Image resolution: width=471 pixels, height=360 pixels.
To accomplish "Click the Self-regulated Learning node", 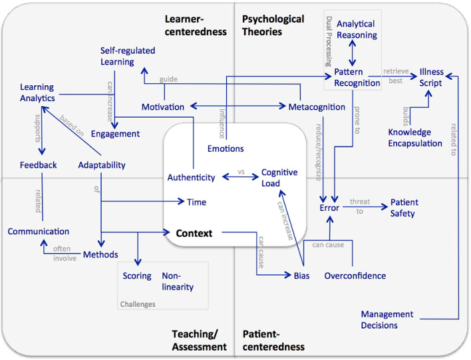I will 127,56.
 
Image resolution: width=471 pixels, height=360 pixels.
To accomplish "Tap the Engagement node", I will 115,134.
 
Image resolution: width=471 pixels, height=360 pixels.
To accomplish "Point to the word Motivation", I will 162,106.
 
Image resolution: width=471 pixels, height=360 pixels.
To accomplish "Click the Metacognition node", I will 317,106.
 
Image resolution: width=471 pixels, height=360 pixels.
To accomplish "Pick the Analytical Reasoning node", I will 357,29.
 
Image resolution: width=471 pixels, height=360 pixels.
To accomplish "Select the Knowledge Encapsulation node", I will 414,138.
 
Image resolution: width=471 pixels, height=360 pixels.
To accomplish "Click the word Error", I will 329,208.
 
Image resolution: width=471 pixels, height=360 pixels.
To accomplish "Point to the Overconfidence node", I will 355,275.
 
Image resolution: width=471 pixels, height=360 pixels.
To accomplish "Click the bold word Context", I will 194,234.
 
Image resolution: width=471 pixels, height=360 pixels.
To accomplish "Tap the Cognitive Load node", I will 279,178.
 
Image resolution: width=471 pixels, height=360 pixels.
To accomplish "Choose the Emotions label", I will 226,148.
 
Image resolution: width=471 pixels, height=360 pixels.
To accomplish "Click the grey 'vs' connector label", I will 241,172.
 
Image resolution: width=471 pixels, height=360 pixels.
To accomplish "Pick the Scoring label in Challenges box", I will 137,275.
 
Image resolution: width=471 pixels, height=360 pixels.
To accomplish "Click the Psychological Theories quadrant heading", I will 273,25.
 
